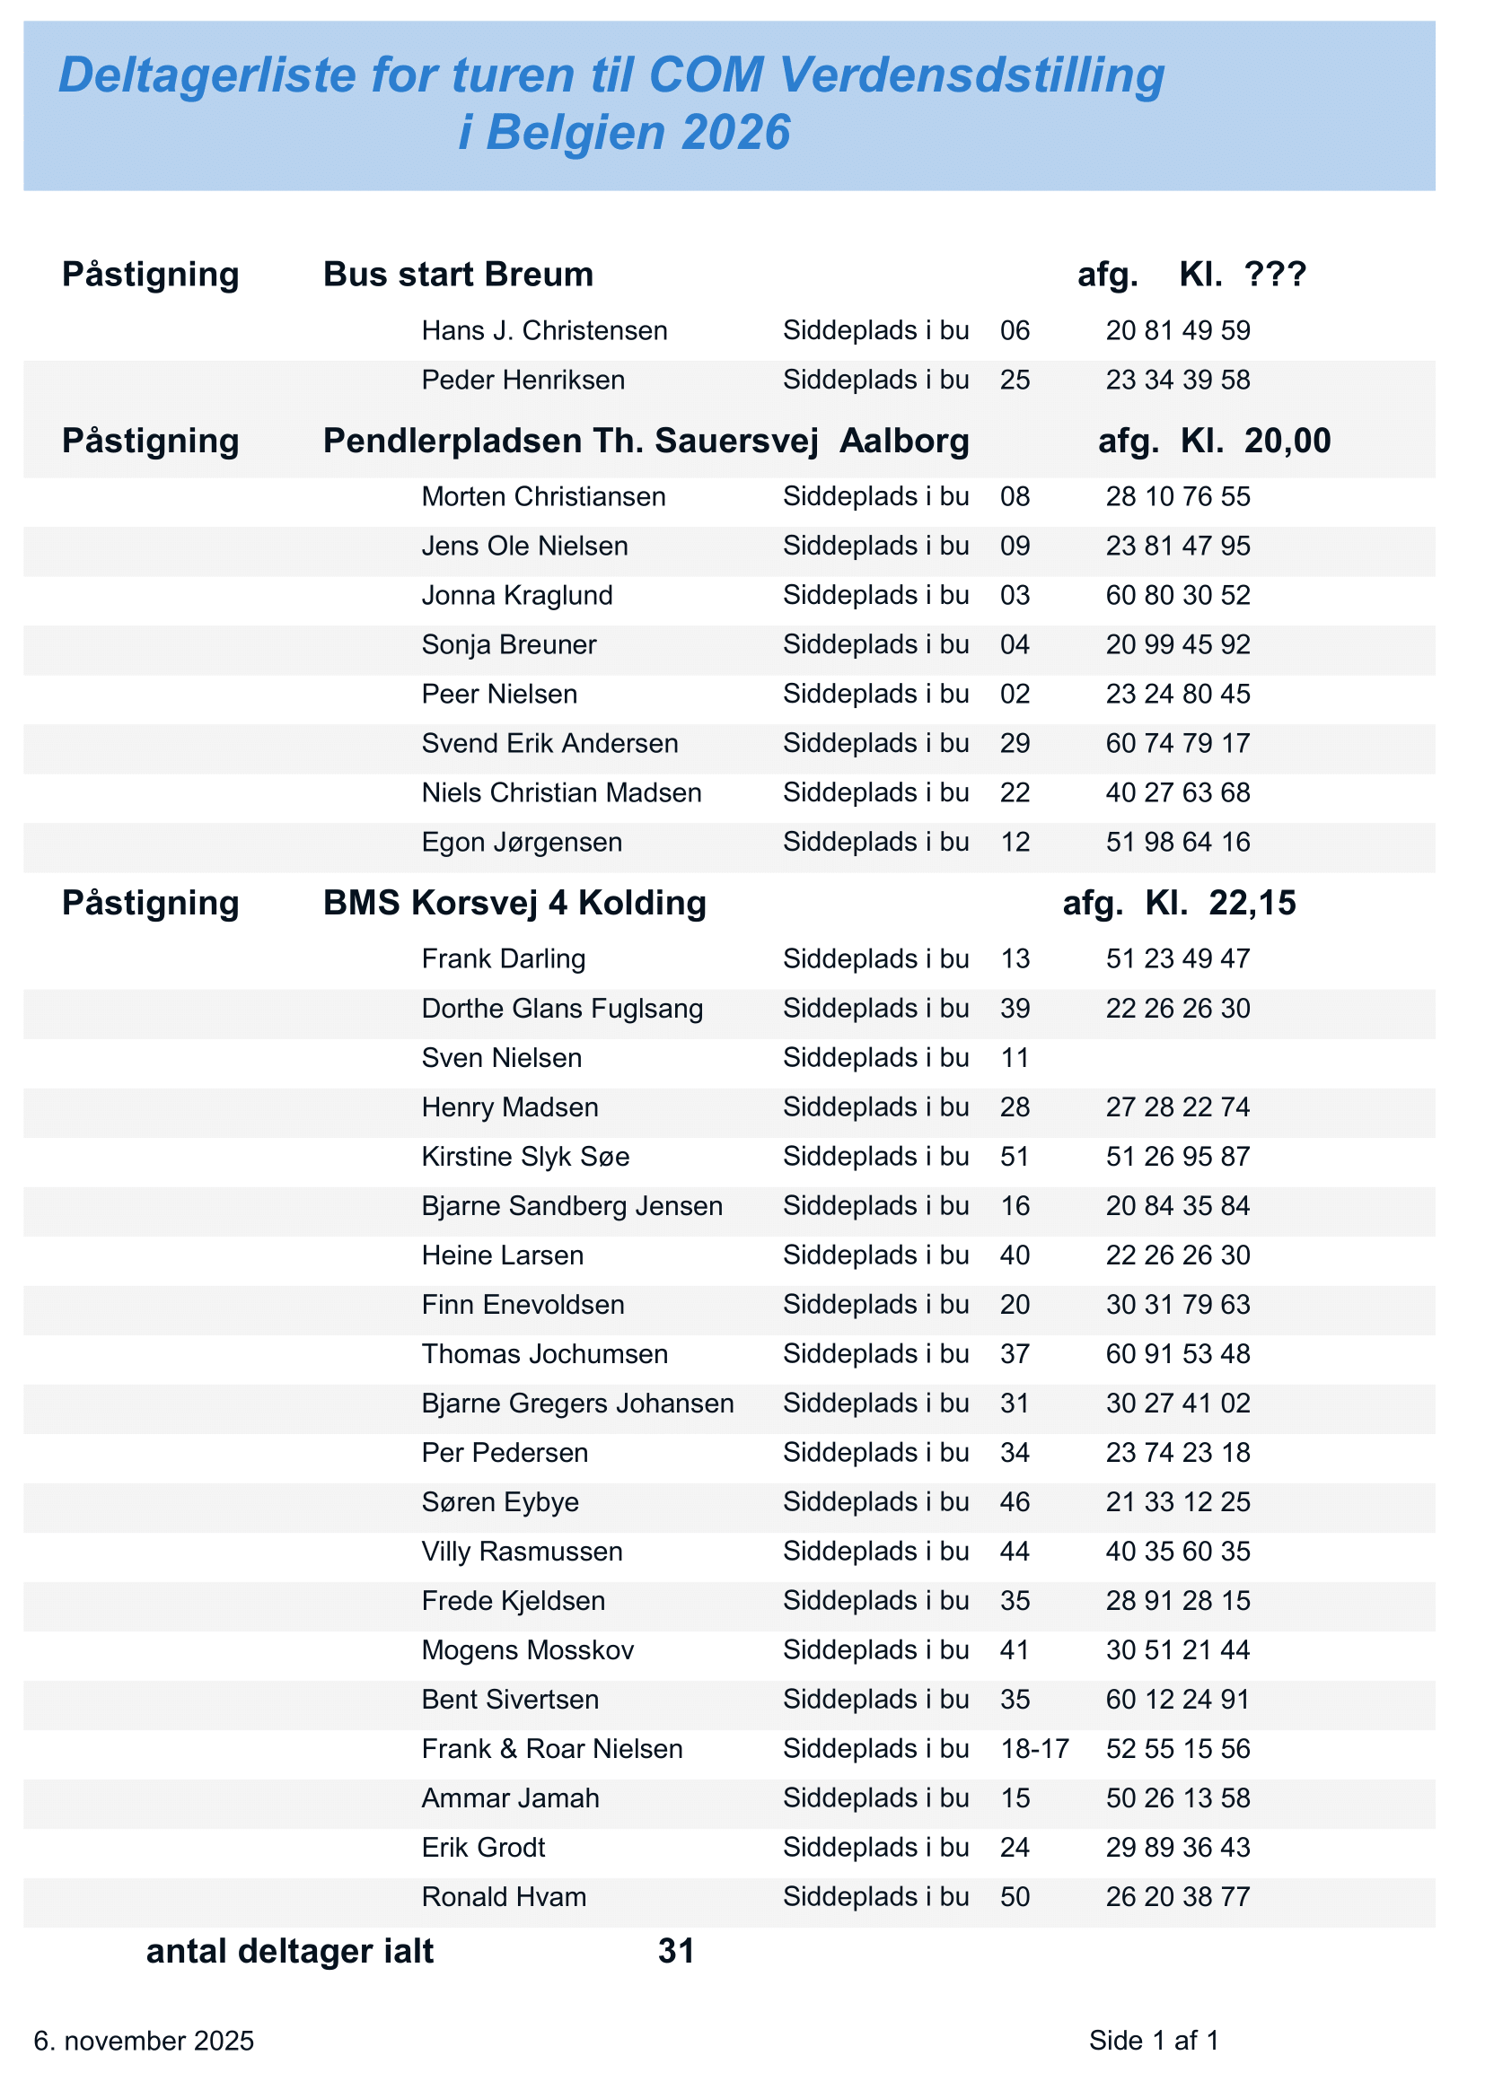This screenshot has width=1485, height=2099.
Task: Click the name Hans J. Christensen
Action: (x=544, y=331)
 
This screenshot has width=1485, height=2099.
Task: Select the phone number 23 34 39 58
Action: (x=1178, y=380)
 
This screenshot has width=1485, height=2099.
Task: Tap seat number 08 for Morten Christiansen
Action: (x=1015, y=497)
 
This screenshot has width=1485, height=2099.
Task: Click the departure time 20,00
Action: (x=1287, y=442)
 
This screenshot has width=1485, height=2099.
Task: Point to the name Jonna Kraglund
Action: (x=516, y=596)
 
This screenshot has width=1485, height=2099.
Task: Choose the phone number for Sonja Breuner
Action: (x=1178, y=645)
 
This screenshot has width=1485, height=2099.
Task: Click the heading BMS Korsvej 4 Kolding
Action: (x=514, y=904)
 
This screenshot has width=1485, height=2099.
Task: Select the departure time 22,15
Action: (x=1252, y=904)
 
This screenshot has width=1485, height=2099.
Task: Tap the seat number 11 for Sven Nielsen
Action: (x=1015, y=1059)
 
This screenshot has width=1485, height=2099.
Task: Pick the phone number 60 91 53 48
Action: (x=1178, y=1355)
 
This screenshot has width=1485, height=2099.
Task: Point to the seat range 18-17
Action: (x=1035, y=1750)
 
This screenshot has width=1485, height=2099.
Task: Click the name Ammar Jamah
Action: (x=510, y=1799)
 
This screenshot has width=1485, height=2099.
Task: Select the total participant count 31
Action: (x=677, y=1952)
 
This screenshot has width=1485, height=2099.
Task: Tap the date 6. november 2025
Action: (x=145, y=2042)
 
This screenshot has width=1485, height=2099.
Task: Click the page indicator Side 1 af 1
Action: (x=1154, y=2042)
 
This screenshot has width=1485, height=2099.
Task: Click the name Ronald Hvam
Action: (x=504, y=1898)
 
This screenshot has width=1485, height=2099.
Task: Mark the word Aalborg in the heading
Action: (x=904, y=442)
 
